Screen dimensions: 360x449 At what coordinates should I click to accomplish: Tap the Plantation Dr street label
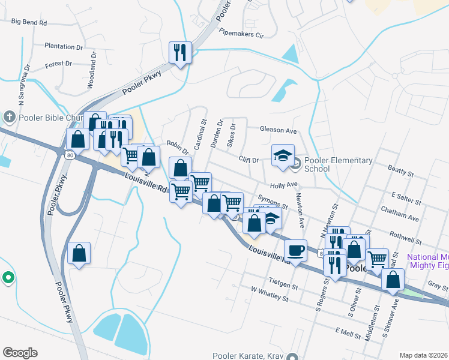[x=64, y=46]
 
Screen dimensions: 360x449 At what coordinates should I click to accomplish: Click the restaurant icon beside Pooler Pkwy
[x=180, y=53]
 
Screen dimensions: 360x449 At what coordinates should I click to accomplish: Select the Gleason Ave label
[x=279, y=130]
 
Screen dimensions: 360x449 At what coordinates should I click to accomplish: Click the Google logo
[x=20, y=353]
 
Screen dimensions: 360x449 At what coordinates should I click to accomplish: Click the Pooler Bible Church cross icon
[x=9, y=116]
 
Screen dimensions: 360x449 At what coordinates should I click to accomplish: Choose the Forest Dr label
[x=58, y=63]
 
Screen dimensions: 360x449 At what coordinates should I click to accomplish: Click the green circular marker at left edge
[x=8, y=277]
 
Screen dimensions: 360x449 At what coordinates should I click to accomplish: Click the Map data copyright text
[x=423, y=355]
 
